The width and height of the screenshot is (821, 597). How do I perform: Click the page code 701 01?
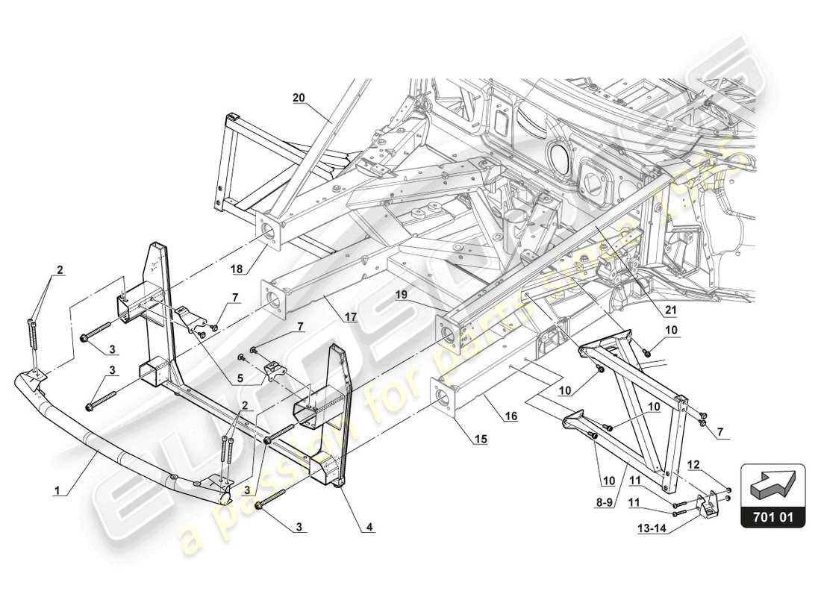(x=772, y=515)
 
